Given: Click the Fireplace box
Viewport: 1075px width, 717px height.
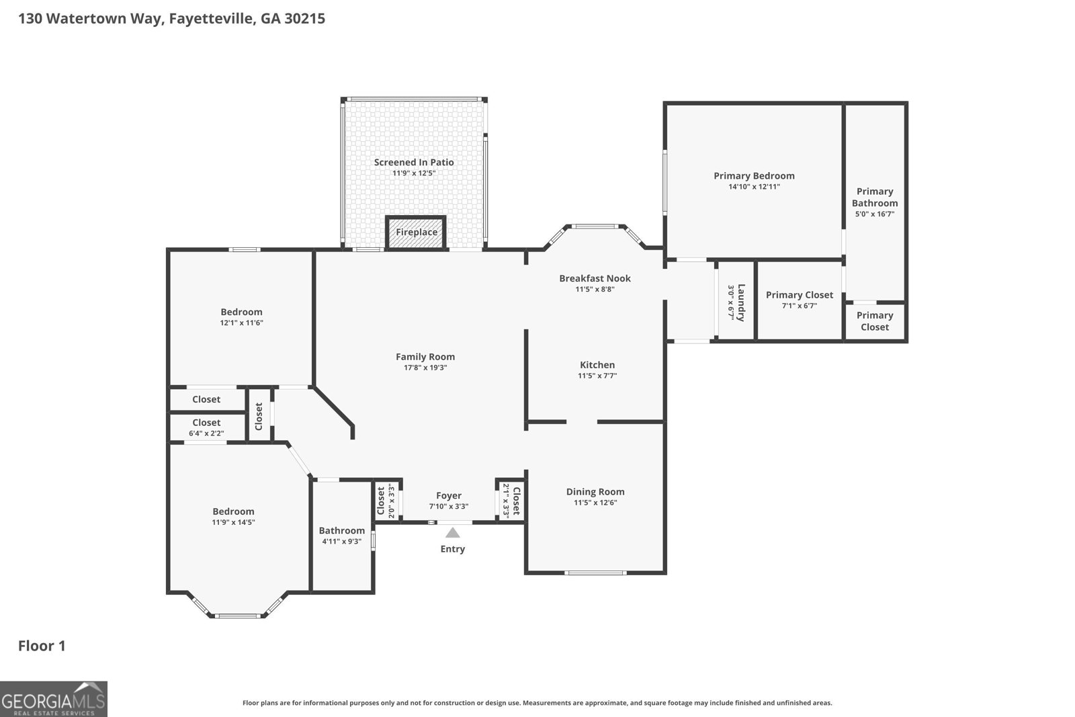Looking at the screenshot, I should (416, 233).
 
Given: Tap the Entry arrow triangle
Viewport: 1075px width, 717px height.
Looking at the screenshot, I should (453, 533).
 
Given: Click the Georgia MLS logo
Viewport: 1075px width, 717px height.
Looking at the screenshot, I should (53, 699).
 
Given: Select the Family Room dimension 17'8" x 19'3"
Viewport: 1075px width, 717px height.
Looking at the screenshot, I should (425, 368).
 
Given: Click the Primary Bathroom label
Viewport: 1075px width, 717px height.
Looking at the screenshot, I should (874, 197).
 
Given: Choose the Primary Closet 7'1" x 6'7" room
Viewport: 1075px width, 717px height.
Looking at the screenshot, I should (799, 300).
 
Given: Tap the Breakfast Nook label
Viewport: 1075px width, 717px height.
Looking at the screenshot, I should (595, 278).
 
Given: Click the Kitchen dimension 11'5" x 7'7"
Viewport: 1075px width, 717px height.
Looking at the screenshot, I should (597, 376).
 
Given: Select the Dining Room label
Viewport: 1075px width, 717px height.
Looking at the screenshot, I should (595, 491).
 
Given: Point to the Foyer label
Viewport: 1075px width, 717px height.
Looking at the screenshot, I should (448, 496).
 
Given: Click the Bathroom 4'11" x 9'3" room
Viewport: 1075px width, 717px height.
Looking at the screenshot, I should (341, 536).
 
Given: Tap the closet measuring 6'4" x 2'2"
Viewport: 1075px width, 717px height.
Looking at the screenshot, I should (206, 427).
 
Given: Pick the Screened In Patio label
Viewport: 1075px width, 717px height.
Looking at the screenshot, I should (414, 162).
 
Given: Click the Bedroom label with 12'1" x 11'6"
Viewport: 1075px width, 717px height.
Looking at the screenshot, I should (241, 312).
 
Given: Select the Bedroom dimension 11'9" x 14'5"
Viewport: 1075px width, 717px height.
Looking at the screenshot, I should (233, 522).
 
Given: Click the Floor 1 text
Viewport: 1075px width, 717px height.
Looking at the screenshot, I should (42, 646).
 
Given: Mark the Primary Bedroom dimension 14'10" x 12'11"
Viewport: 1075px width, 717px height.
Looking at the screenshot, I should (754, 186).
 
